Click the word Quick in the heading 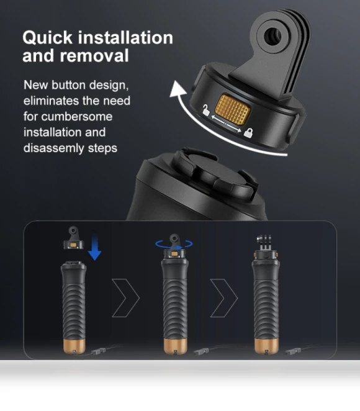(x=47, y=38)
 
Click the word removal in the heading (x=94, y=56)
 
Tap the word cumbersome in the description (x=77, y=116)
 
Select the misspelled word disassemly (x=54, y=148)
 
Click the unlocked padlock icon (x=206, y=110)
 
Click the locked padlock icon (x=248, y=133)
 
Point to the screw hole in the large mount (x=272, y=35)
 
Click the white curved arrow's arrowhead (x=178, y=89)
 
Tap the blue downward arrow (x=94, y=247)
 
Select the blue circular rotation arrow (x=174, y=244)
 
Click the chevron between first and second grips (x=126, y=298)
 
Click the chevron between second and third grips (x=224, y=298)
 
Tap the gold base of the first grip (x=74, y=346)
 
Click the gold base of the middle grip (x=176, y=346)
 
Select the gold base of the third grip (x=266, y=346)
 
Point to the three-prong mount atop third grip (x=264, y=242)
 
